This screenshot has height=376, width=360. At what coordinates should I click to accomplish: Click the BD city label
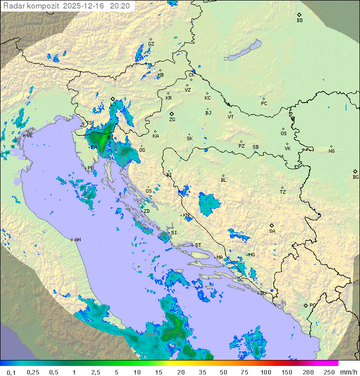(x=299, y=21)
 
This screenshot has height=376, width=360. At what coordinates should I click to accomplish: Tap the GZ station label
(x=151, y=44)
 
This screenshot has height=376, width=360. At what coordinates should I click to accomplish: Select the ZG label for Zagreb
(x=172, y=120)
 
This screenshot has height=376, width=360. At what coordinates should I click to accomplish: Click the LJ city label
(x=113, y=104)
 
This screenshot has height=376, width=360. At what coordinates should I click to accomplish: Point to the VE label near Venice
(x=29, y=136)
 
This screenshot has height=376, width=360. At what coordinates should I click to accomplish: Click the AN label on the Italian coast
(x=77, y=240)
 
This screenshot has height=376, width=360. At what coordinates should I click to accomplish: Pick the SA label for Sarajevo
(x=272, y=231)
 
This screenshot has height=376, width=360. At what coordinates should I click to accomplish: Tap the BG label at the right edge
(x=355, y=177)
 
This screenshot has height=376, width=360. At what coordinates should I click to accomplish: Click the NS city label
(x=331, y=151)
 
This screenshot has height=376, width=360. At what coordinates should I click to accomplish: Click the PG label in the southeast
(x=312, y=305)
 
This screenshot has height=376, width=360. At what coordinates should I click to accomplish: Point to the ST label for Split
(x=198, y=245)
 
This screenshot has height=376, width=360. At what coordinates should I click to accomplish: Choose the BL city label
(x=223, y=180)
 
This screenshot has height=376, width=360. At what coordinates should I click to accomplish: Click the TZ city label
(x=283, y=192)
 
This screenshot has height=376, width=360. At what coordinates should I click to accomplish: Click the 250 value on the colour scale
(x=329, y=372)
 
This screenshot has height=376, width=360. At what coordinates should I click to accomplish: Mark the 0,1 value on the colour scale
(x=11, y=372)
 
